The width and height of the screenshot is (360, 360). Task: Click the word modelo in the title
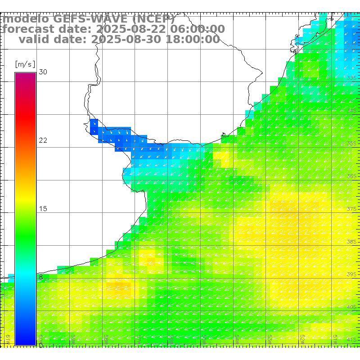coord(26,19)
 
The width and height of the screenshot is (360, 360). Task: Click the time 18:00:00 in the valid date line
coord(193,40)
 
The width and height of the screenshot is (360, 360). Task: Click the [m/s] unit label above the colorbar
coord(25,64)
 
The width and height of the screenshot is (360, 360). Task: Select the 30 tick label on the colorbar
coord(43,72)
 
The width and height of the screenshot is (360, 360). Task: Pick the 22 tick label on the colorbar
coord(43,140)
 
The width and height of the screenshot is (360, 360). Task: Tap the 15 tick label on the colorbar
coord(43,209)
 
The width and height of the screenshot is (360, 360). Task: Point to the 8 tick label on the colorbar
coord(41,277)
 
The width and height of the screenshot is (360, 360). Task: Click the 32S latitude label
coord(352,45)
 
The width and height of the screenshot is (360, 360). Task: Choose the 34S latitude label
coord(352,110)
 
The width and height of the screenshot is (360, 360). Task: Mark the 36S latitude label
coord(352,176)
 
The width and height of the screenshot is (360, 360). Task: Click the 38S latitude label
coord(352,242)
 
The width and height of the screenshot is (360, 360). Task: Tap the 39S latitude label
coord(352,274)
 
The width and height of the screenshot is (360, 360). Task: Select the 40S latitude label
coord(352,307)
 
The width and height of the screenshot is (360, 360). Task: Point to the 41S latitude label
coord(352,339)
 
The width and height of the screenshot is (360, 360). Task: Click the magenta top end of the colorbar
coord(25,75)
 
